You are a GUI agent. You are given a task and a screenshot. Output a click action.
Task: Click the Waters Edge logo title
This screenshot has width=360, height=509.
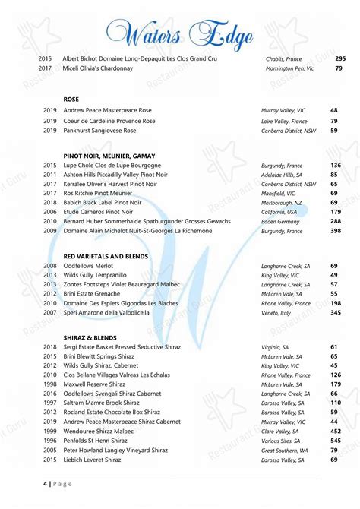[x=180, y=33]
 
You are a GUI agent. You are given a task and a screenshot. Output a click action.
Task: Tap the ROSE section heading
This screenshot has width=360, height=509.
[x=71, y=100]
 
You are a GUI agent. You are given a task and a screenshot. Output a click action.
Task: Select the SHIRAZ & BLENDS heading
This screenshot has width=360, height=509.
[x=89, y=336]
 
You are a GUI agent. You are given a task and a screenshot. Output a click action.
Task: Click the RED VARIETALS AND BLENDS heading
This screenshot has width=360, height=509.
[x=106, y=256]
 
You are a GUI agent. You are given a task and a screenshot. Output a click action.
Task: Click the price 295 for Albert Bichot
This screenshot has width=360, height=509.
[x=339, y=58]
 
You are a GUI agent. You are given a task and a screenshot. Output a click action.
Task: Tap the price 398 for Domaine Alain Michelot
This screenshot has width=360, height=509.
[x=335, y=230]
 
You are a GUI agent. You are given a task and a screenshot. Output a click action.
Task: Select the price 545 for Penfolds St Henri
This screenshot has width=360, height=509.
[x=335, y=441]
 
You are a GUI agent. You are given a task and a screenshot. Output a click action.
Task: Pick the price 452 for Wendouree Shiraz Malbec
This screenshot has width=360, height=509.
[x=335, y=431]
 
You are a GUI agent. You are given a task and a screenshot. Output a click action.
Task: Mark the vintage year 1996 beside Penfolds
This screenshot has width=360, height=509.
[x=50, y=441]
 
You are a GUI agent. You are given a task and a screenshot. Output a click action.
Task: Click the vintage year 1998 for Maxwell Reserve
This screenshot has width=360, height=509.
[x=50, y=384]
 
